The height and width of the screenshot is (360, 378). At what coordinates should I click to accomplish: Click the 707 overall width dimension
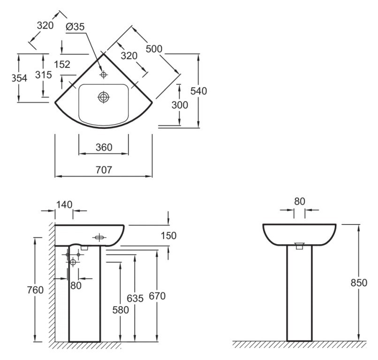tap(104, 170)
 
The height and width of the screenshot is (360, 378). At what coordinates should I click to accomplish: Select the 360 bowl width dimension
tap(104, 147)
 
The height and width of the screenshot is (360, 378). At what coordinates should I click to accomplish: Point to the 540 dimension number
tap(198, 91)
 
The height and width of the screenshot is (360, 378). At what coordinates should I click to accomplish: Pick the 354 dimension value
tap(19, 78)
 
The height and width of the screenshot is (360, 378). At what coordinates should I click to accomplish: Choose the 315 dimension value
tap(43, 75)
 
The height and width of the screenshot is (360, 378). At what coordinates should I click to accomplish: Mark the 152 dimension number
tap(62, 65)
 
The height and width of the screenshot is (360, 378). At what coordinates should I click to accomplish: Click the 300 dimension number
tap(180, 105)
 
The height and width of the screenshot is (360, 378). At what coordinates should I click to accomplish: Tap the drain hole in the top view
tap(103, 97)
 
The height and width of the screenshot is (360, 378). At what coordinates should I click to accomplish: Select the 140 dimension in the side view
tap(64, 204)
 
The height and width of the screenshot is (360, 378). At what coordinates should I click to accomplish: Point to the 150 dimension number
tap(168, 236)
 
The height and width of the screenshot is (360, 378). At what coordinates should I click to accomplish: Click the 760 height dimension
tap(35, 290)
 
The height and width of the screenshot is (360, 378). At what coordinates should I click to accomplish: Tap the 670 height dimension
tap(157, 296)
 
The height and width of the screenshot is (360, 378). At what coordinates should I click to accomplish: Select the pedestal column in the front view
tap(300, 295)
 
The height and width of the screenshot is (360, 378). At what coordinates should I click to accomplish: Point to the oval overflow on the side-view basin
tap(99, 238)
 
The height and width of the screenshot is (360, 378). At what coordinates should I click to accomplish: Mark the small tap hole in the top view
tap(104, 74)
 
